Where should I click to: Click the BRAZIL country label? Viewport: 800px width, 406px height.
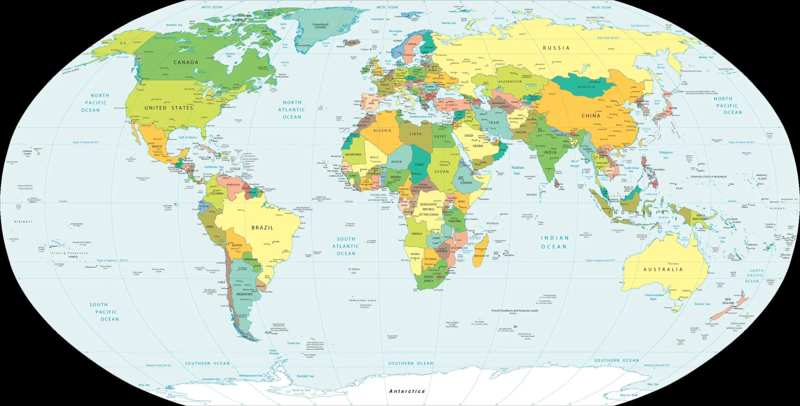tap(262, 228)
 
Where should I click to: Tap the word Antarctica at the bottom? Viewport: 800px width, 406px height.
tap(407, 391)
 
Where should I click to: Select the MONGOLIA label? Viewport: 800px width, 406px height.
tap(586, 87)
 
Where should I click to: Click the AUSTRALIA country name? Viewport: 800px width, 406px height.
tap(663, 270)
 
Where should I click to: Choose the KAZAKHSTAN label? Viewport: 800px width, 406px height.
tap(510, 82)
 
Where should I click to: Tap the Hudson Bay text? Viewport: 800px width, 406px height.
tap(230, 55)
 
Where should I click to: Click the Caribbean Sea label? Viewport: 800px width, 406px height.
tap(214, 167)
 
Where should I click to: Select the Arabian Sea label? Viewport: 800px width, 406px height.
tap(517, 170)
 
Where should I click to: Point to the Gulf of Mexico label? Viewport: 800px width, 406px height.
tap(188, 137)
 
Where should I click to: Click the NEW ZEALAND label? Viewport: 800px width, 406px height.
tap(728, 301)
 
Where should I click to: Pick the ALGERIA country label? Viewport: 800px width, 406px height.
tap(382, 131)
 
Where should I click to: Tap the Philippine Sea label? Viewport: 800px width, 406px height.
tap(666, 155)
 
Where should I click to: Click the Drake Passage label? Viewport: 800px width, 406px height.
tap(274, 352)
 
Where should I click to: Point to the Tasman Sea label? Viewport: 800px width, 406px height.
tap(702, 304)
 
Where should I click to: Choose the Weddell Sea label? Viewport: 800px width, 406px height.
tap(305, 376)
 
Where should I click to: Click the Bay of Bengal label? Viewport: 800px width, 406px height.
tap(574, 163)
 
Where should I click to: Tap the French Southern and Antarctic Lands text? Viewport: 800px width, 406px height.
tap(515, 311)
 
